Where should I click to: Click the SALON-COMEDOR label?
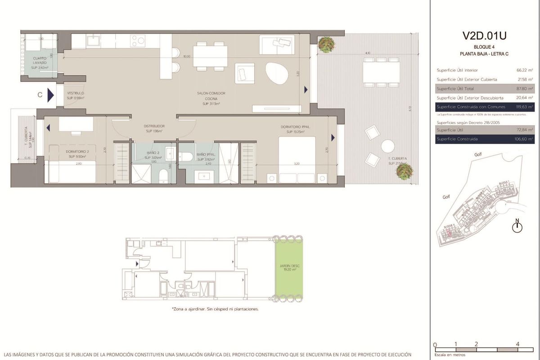(x=211, y=94)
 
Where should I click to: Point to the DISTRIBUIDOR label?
(x=154, y=126)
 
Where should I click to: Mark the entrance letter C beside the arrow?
(x=40, y=95)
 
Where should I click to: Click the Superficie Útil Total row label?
(x=455, y=89)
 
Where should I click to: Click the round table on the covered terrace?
(x=387, y=146)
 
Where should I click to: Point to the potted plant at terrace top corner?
(x=325, y=44)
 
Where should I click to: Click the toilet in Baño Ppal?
(x=186, y=156)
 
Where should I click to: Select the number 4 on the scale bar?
(x=518, y=344)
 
